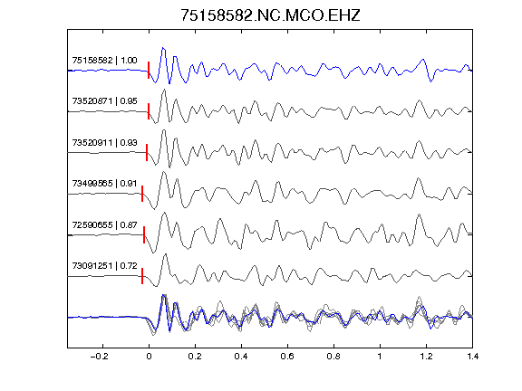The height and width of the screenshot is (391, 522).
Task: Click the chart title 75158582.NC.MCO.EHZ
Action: [270, 15]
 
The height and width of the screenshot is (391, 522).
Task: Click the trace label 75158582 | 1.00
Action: [104, 61]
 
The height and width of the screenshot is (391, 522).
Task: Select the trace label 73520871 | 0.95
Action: [104, 101]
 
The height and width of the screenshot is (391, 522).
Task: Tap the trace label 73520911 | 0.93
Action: [104, 143]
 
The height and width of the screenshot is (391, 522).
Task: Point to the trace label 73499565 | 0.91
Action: [104, 184]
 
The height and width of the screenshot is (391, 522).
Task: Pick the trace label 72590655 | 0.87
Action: [104, 225]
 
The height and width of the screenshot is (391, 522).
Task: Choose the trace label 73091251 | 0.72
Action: [104, 266]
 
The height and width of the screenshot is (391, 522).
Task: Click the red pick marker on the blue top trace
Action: [149, 71]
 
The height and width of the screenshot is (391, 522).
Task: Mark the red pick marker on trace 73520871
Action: [149, 111]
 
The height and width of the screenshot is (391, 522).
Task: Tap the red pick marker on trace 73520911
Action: [147, 153]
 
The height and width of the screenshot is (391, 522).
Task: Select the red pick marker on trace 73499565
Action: [142, 194]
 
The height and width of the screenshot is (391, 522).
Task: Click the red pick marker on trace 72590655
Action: [144, 234]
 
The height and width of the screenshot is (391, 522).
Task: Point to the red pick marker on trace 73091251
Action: [142, 276]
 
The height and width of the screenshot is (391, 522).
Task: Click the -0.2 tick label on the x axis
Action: [99, 357]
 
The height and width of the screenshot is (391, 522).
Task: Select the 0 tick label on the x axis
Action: [149, 357]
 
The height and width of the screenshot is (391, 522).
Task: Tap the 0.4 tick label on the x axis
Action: [241, 357]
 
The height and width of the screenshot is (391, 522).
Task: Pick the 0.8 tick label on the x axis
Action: [333, 357]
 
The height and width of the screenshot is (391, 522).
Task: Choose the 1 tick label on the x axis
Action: [380, 357]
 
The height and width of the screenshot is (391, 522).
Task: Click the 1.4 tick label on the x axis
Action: [472, 357]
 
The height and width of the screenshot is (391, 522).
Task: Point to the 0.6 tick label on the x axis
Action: [287, 357]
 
